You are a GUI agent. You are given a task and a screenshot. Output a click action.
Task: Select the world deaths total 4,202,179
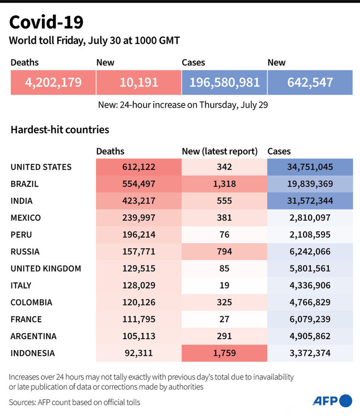click(x=53, y=82)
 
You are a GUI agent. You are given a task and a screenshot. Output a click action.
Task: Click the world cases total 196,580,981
click(x=224, y=82)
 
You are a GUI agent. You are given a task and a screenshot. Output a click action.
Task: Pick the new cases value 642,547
click(x=310, y=82)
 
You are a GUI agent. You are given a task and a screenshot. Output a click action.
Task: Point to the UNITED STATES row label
click(x=41, y=167)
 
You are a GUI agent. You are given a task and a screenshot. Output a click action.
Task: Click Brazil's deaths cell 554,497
click(x=138, y=184)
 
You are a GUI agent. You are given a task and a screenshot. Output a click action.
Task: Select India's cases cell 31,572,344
click(x=310, y=201)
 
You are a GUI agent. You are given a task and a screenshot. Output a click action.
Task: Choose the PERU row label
click(x=21, y=235)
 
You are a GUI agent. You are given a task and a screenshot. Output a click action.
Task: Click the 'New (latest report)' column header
click(x=220, y=151)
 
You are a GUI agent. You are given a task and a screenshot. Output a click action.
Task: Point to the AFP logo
click(x=332, y=401)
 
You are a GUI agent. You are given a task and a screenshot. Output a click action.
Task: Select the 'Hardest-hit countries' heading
click(x=60, y=130)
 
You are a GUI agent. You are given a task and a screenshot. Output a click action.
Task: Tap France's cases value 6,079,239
click(x=310, y=319)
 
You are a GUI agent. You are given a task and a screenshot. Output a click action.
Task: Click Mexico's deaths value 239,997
click(x=138, y=218)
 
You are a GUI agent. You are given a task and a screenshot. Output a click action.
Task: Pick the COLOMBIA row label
click(x=31, y=302)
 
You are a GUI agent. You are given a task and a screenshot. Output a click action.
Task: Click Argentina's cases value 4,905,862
click(x=310, y=336)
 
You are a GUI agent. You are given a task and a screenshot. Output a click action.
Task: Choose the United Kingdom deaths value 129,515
click(x=138, y=269)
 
